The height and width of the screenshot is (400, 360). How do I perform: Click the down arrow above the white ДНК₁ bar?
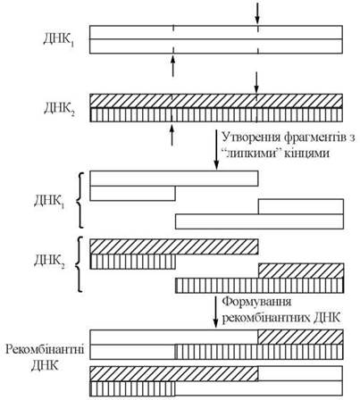tap(257, 14)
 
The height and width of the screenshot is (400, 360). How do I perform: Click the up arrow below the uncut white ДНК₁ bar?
tap(172, 67)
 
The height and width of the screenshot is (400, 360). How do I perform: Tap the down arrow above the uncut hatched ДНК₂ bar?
tap(256, 82)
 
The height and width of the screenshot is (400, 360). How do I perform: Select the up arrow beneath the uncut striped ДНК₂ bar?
tap(172, 136)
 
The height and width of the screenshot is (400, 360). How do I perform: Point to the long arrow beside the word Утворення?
tap(216, 150)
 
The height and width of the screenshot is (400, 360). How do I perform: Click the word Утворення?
tap(251, 137)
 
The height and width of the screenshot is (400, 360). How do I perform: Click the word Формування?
tap(256, 302)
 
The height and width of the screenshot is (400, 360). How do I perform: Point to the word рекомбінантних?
tap(266, 318)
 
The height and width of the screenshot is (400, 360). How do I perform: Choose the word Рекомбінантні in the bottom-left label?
tap(45, 349)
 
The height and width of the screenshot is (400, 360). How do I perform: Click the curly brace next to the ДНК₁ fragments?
tap(80, 200)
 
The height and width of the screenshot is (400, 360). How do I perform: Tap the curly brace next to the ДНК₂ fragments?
tap(80, 264)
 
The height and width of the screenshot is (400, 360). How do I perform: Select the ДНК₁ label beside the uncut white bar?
tap(59, 40)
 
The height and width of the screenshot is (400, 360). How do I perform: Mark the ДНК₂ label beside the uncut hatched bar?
tap(59, 109)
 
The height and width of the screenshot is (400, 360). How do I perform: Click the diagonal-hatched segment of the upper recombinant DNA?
tap(301, 337)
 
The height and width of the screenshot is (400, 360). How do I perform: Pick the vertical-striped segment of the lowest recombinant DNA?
tap(132, 388)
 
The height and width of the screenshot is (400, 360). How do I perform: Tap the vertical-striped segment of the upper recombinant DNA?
tap(259, 352)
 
